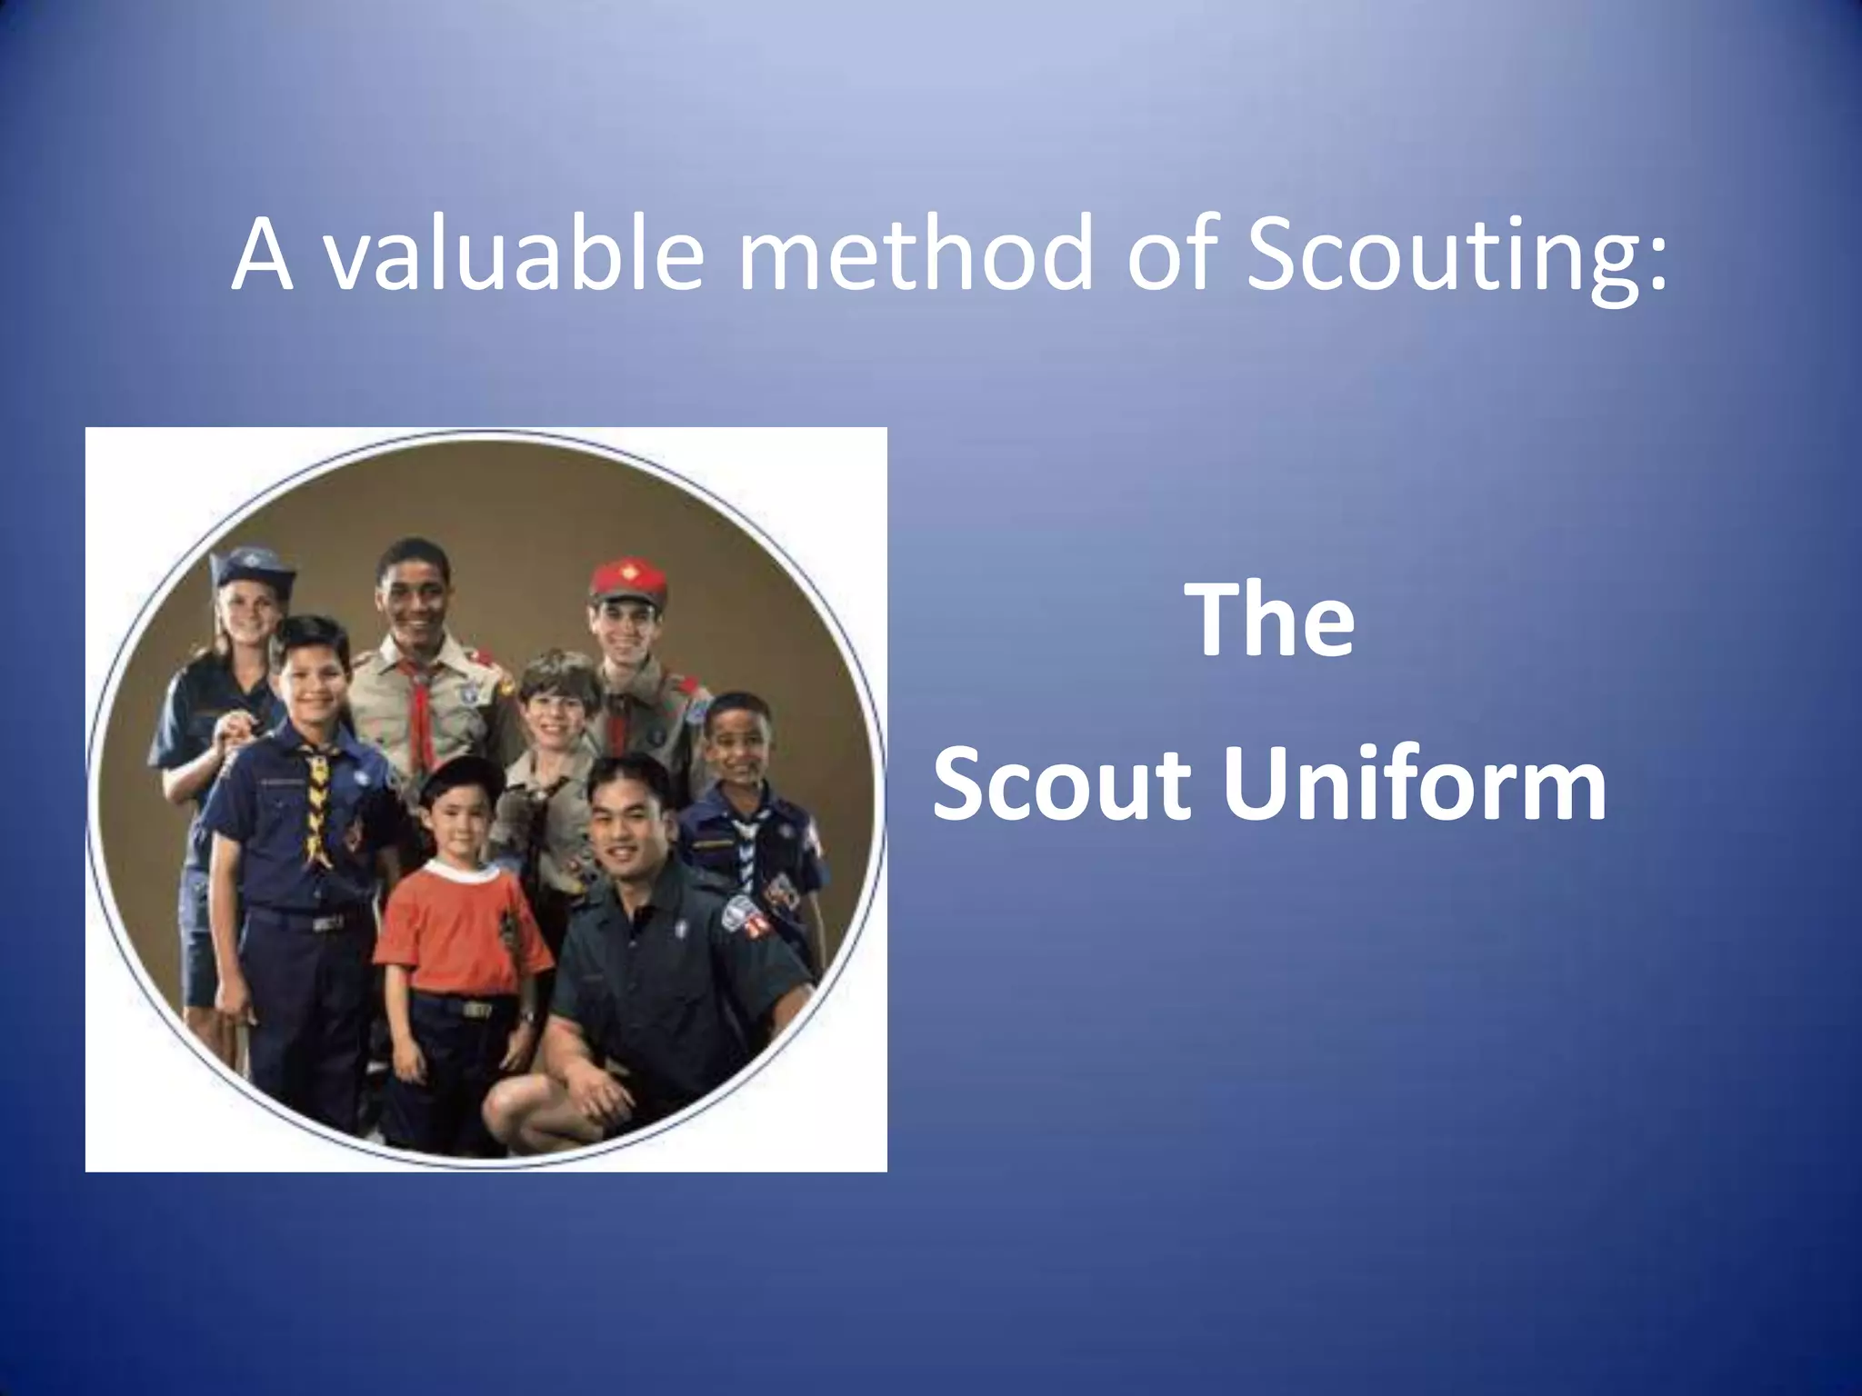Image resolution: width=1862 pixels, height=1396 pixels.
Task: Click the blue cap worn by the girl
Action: click(252, 567)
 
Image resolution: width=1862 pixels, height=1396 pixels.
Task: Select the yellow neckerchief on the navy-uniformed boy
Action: click(317, 800)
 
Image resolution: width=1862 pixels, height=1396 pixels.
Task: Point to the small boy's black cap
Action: click(461, 777)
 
